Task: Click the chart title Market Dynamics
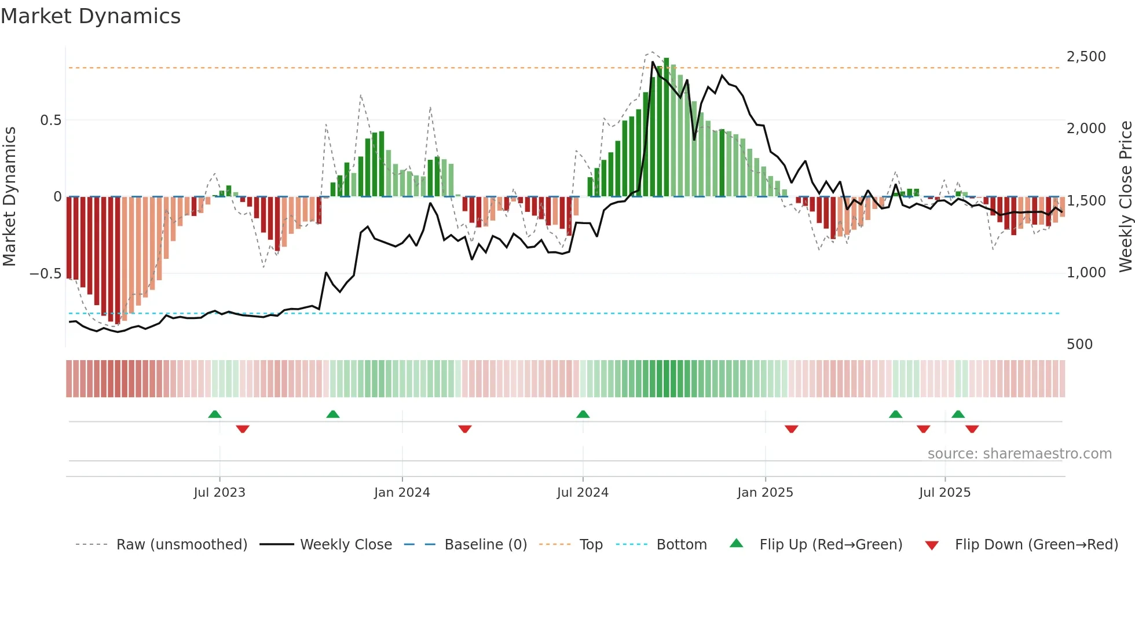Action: click(x=90, y=16)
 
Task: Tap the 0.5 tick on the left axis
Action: click(x=51, y=120)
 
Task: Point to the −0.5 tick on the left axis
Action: click(x=46, y=273)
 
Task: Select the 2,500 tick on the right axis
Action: click(x=1086, y=57)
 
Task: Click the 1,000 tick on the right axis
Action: click(x=1086, y=273)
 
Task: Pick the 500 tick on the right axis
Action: click(x=1079, y=344)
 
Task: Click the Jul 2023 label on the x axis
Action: click(x=219, y=493)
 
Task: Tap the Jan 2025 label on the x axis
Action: click(x=765, y=493)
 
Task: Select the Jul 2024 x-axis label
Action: click(x=583, y=493)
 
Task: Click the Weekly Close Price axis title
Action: click(x=1125, y=196)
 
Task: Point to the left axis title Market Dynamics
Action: click(x=9, y=196)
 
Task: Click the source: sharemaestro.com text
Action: click(x=1019, y=454)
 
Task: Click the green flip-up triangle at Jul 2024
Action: click(x=583, y=414)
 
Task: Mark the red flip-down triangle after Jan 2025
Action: click(x=792, y=429)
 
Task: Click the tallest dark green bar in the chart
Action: click(x=667, y=127)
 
